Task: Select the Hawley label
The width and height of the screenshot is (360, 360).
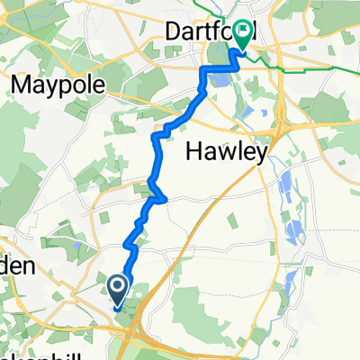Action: tap(226, 153)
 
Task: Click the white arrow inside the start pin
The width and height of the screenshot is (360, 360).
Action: tap(118, 286)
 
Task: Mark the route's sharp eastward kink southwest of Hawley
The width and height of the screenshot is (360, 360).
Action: tap(162, 197)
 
